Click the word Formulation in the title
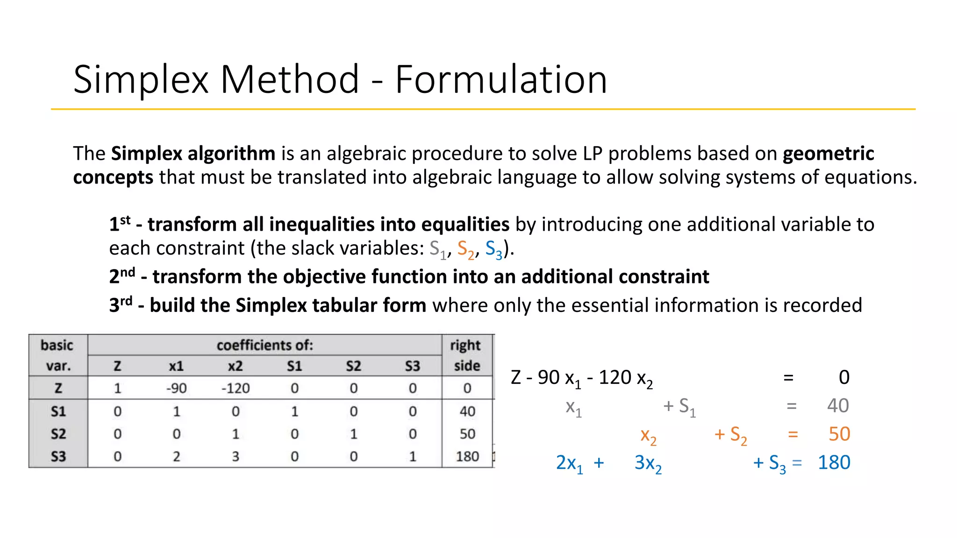501,79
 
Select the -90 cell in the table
176,388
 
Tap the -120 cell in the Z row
236,388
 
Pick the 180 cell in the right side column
467,456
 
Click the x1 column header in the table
176,366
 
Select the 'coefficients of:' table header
264,345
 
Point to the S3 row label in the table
58,456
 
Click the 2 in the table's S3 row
176,456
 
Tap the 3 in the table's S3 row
236,456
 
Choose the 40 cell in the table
467,411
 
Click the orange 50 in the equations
839,434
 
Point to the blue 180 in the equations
834,462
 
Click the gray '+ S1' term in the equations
679,406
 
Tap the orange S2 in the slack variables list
465,249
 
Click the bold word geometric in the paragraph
828,154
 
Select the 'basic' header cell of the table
57,345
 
